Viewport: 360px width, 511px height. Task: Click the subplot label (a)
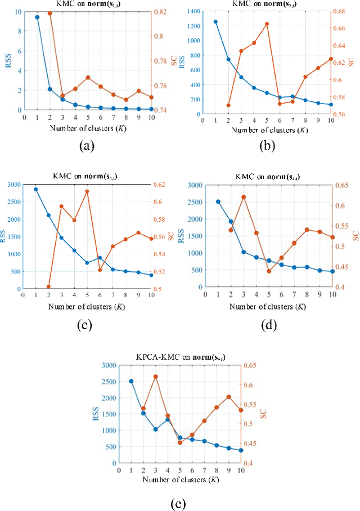tap(86, 146)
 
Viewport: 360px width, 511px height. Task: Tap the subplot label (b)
tap(267, 146)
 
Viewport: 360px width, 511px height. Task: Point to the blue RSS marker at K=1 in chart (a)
tap(37, 17)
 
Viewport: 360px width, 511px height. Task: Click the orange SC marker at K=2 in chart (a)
tap(50, 13)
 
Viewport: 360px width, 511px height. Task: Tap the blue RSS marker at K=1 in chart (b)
tap(215, 22)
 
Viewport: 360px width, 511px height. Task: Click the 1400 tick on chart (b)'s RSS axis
tap(194, 11)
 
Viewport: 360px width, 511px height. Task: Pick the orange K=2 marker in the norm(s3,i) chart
tap(48, 287)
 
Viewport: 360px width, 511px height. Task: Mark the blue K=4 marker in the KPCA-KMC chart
tap(168, 420)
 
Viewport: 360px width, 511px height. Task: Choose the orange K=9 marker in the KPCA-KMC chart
tap(229, 397)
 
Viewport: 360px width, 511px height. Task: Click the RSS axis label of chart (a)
tap(7, 61)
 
